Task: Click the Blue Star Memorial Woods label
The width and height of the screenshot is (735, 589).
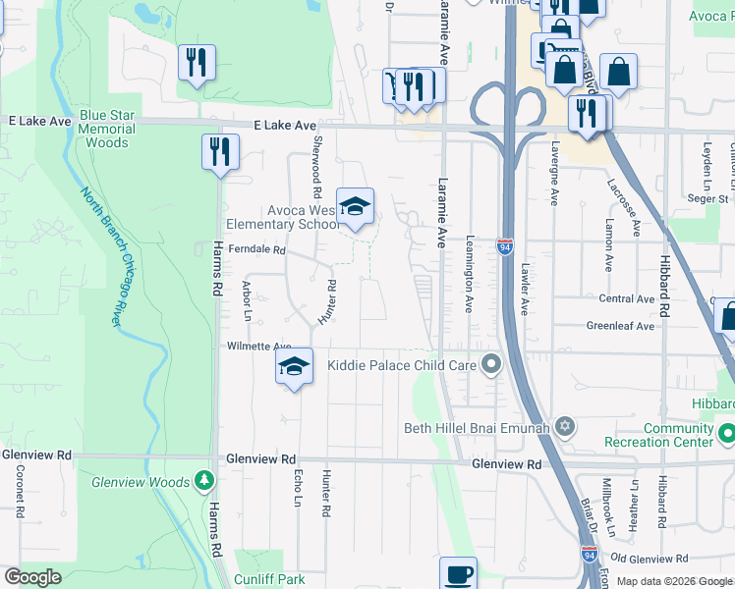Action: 106,129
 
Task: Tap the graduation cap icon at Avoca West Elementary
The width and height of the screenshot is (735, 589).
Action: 355,206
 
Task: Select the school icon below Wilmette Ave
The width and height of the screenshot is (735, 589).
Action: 293,366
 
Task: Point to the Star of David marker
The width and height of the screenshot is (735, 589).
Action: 564,427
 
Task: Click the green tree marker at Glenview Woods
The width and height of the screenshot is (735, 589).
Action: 203,481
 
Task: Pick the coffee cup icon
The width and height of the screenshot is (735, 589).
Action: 458,573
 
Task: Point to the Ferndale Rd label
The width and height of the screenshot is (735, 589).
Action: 256,249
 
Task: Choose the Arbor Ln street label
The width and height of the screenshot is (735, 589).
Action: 247,300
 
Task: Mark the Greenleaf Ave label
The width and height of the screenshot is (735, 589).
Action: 620,326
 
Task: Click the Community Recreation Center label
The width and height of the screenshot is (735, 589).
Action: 678,435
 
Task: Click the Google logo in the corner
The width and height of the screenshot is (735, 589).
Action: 32,577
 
